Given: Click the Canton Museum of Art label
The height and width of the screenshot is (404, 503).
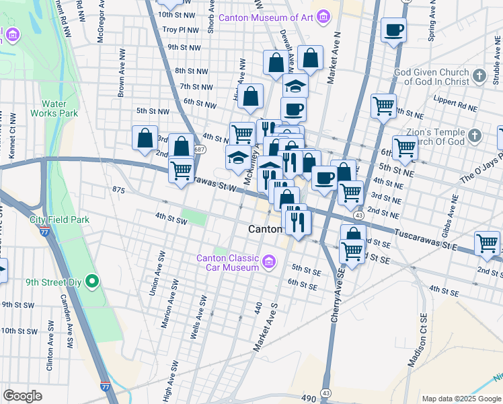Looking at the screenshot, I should (266, 16).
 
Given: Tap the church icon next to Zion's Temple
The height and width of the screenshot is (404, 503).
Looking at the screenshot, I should (474, 136).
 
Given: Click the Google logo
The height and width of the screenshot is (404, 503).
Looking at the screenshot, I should (23, 396).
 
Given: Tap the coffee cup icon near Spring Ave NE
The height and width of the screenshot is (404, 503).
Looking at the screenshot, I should (393, 30).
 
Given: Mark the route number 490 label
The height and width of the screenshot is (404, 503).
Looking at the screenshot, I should (308, 399).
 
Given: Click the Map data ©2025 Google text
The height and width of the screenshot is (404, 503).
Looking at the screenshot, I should (461, 398).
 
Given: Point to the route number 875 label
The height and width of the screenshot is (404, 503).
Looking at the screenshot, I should (120, 191).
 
